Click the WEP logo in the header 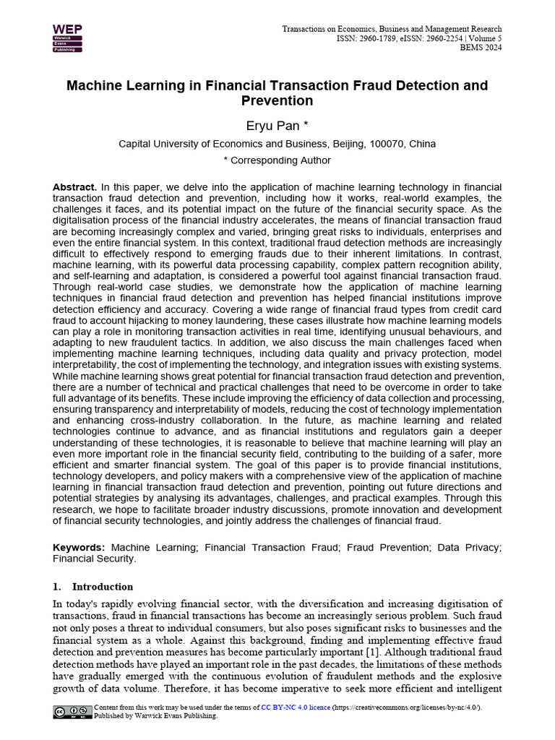coord(67,38)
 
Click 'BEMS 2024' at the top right coord(481,48)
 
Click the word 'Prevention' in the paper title coord(277,101)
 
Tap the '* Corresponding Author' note coord(277,160)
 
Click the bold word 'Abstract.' coord(74,187)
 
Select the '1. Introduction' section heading coord(93,587)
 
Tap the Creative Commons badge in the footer coord(72,712)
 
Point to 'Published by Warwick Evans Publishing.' coord(155,716)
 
